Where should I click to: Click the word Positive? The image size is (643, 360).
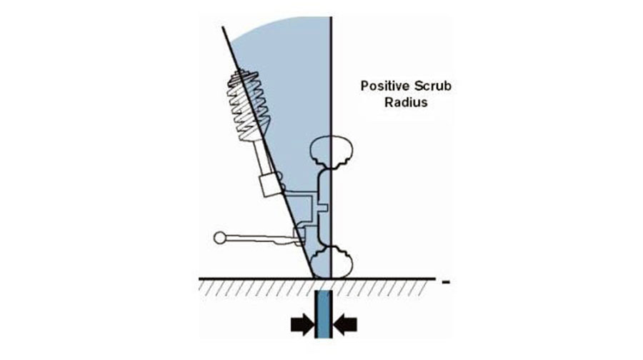pos(385,86)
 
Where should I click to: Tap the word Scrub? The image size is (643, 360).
pos(433,86)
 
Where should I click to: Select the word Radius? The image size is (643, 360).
pos(406,102)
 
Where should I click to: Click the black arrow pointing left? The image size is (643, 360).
pos(345,325)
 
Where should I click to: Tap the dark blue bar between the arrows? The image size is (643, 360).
pos(324,314)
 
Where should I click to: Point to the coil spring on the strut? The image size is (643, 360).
pos(248,105)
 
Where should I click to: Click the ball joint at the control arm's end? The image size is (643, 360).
pos(220,238)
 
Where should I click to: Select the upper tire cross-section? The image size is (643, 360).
pos(332,151)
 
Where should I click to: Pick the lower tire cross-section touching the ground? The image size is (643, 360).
pos(332,262)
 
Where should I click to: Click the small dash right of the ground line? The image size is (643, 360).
pos(446,281)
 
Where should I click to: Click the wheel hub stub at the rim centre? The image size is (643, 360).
pos(323,207)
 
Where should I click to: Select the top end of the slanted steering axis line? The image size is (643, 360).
pos(223,27)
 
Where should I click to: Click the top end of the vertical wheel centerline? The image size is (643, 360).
pos(331,17)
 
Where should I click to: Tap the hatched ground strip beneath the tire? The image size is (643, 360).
pos(316,288)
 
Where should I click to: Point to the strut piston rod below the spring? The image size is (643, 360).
pos(261,156)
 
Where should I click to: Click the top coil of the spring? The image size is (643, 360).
pos(244,76)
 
